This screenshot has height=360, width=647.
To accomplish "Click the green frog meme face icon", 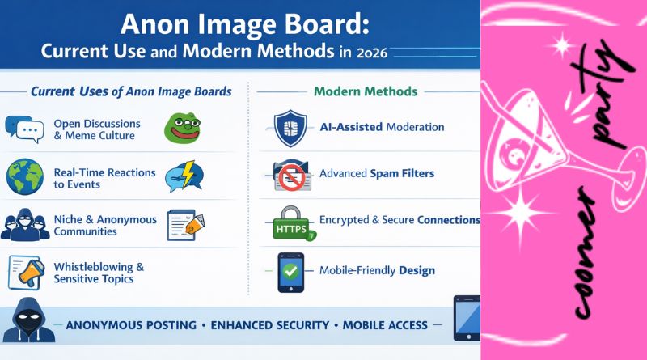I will [182, 128].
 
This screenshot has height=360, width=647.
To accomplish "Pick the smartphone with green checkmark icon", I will [290, 271].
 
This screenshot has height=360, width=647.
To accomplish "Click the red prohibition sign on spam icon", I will [289, 175].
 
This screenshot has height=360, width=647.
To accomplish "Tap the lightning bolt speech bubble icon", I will [183, 175].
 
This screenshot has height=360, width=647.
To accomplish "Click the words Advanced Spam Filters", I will [377, 173].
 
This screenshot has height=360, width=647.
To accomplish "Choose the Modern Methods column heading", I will [365, 91].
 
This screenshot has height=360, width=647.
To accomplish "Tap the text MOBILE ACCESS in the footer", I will [384, 325].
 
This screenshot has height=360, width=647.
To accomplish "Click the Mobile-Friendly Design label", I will [376, 270].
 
